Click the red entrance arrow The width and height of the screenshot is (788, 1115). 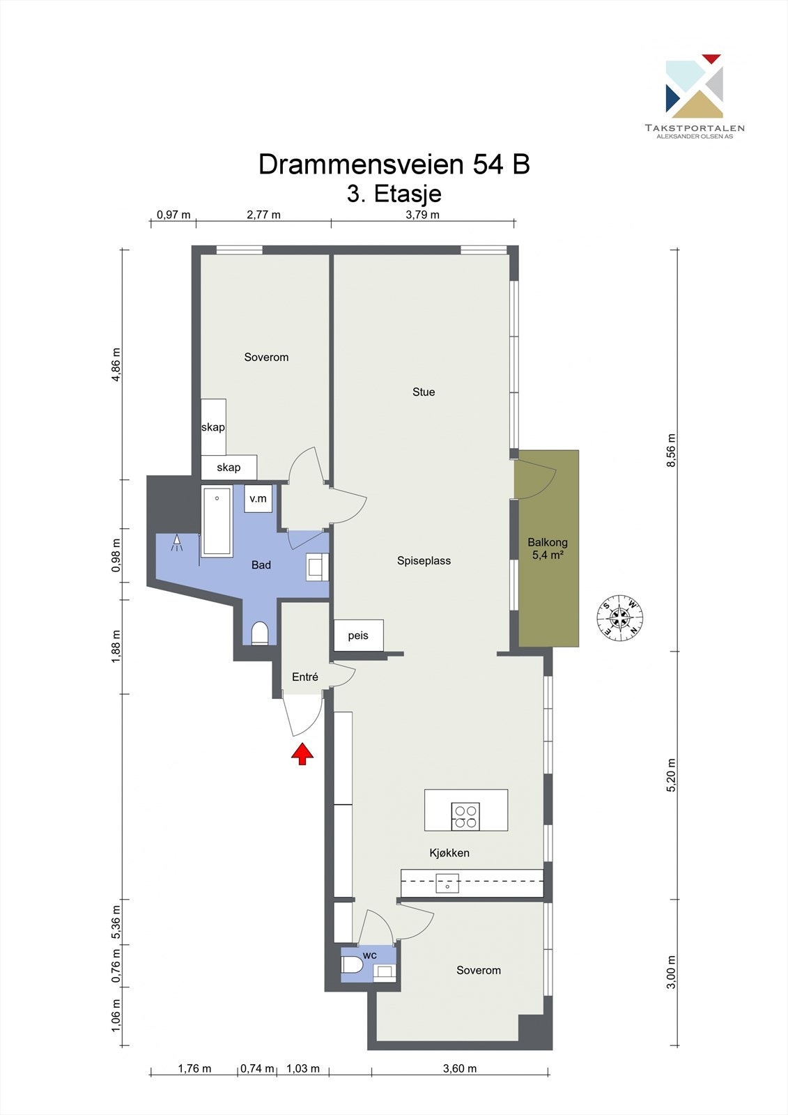[x=302, y=753]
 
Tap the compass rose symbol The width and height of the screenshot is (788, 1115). [x=620, y=617]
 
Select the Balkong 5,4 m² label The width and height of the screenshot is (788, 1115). [x=548, y=548]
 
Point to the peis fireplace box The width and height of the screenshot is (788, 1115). [x=358, y=635]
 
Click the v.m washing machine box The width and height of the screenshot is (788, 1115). [x=258, y=498]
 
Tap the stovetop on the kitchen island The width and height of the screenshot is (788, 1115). [x=465, y=816]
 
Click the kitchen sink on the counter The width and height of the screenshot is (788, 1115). [x=447, y=883]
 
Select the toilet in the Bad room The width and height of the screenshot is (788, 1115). [x=260, y=633]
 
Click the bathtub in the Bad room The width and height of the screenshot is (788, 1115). [x=217, y=521]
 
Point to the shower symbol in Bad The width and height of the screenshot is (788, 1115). [x=177, y=543]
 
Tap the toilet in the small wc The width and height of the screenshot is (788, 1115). [x=351, y=964]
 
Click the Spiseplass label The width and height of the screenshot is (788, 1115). [x=424, y=560]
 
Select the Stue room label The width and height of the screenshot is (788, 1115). [x=424, y=392]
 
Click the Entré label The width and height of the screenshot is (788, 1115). [x=305, y=677]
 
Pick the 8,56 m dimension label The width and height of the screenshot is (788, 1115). [x=672, y=450]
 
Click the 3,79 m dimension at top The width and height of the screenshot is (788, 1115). [x=423, y=215]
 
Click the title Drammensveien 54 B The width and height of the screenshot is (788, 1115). [x=394, y=164]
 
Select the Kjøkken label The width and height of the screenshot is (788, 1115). [x=449, y=853]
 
